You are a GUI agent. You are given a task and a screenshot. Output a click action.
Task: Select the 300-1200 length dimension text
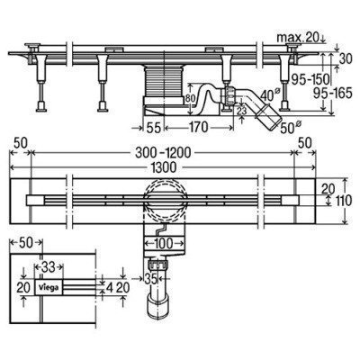[x=163, y=153]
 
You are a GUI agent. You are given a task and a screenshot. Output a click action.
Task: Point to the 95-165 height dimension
[x=332, y=94]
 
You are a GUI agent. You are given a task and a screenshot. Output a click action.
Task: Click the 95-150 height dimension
[x=310, y=79]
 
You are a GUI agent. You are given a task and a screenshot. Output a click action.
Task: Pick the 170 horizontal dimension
[x=198, y=127]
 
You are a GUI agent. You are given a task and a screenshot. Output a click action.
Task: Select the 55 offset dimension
[x=153, y=127]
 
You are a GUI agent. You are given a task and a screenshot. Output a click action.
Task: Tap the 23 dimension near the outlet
[x=241, y=111]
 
